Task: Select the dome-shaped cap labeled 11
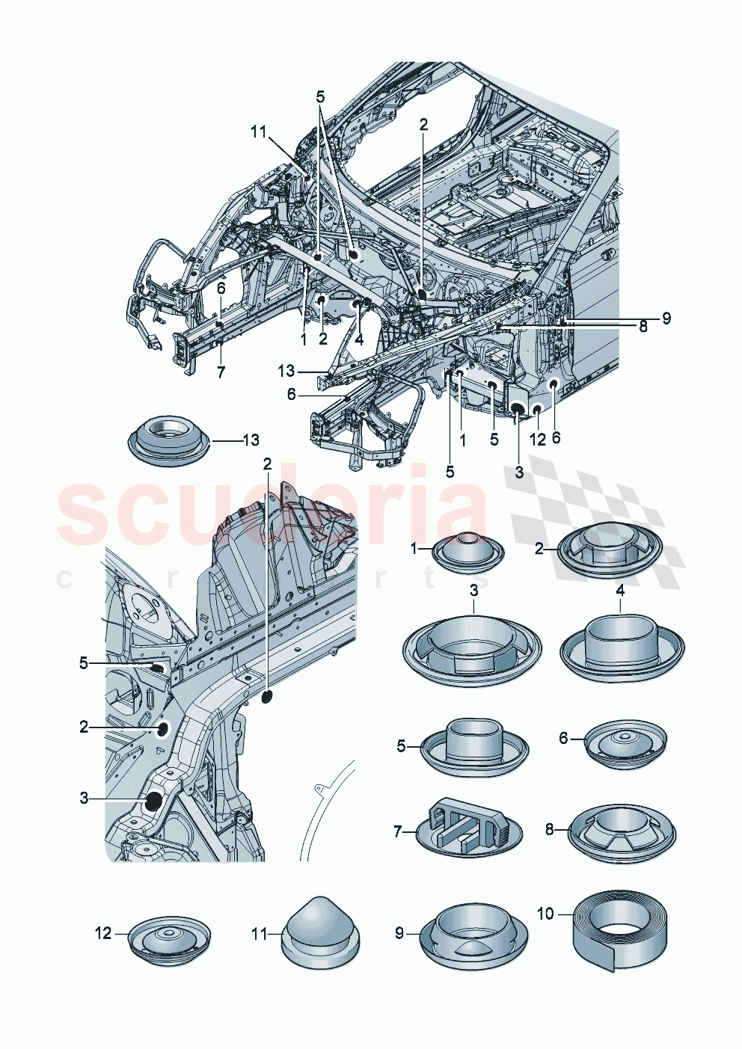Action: (321, 929)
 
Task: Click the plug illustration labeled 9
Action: (473, 934)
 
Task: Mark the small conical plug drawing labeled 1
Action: (469, 553)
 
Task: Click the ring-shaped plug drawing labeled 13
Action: (167, 443)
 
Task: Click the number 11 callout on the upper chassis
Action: (258, 132)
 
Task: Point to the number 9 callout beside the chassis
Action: (665, 319)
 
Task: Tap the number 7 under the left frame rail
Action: (221, 372)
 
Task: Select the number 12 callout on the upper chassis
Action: (538, 440)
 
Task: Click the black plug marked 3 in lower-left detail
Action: (154, 801)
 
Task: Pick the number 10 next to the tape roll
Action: (546, 914)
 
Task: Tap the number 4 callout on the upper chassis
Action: (359, 339)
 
